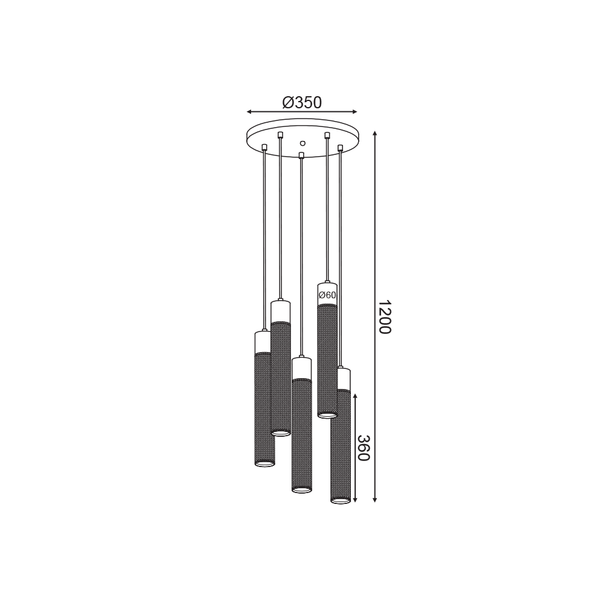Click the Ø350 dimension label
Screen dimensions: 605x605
(x=302, y=103)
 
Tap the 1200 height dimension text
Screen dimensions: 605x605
(x=384, y=317)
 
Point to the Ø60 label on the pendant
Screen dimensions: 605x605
(x=327, y=295)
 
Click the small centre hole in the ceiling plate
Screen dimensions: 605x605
(x=302, y=143)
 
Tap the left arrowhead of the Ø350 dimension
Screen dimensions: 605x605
(x=249, y=112)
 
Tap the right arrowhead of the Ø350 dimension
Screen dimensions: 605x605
(x=355, y=112)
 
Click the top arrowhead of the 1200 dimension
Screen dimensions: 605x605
(x=374, y=134)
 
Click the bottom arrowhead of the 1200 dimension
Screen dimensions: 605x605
(x=374, y=499)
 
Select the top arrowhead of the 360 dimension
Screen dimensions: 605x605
(x=355, y=396)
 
